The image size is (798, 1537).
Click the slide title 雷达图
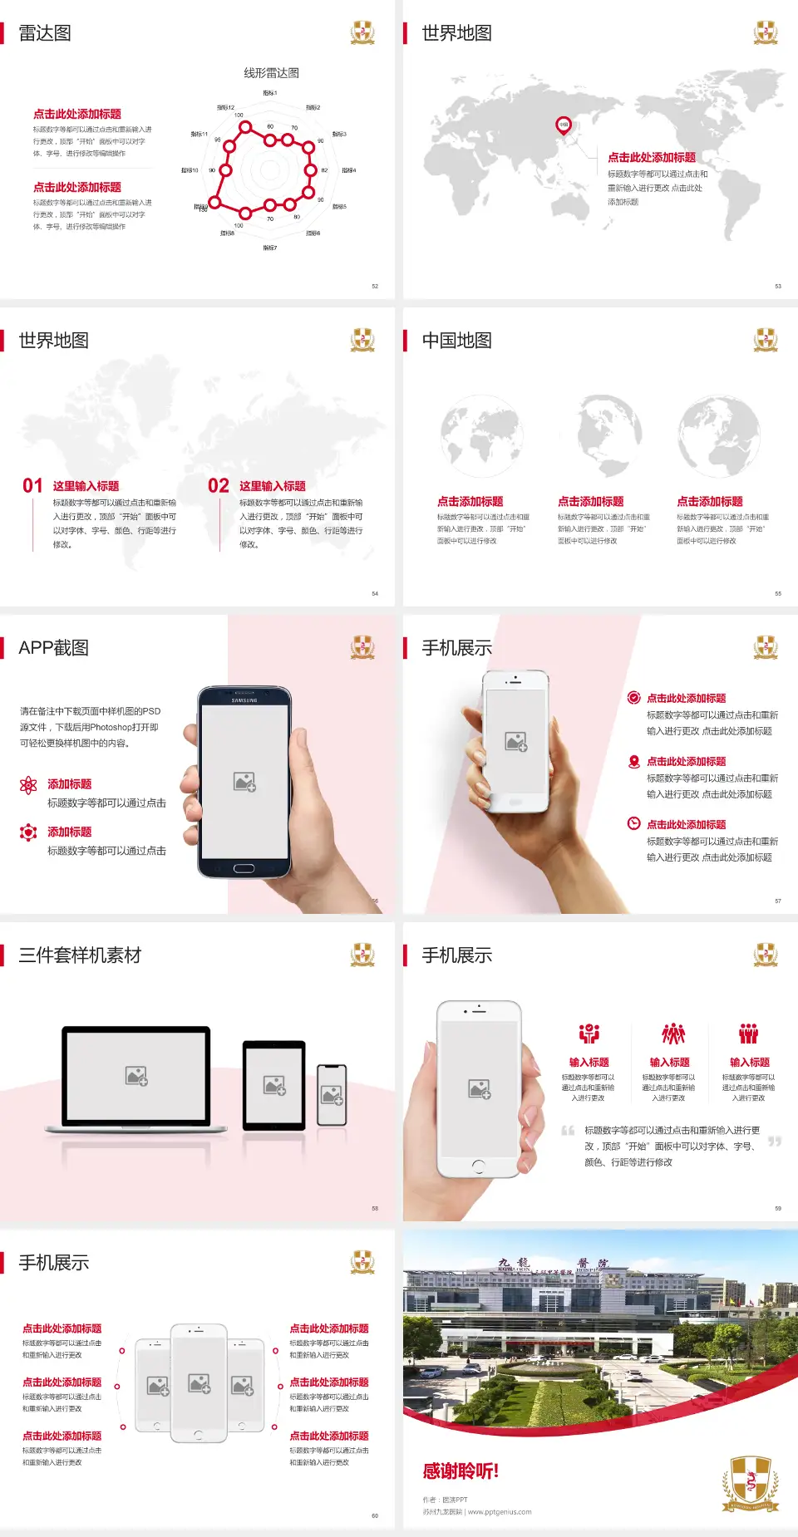45,33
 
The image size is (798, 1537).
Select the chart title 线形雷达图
271,73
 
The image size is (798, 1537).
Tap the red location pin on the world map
564,125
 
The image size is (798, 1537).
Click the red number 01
32,486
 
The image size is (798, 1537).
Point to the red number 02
219,486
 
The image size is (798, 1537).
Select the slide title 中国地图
456,341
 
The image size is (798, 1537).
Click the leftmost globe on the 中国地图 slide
481,435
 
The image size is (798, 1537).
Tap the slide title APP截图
53,648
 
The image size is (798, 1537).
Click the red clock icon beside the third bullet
633,823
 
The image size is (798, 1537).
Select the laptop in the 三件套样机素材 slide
136,1078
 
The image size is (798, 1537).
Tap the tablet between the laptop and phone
274,1085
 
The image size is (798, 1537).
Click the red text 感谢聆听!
461,1471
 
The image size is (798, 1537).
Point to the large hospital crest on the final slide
750,1484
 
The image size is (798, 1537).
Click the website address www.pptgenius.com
500,1512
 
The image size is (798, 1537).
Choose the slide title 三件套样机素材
80,955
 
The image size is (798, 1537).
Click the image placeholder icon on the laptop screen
136,1076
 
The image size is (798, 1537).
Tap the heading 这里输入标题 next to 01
86,486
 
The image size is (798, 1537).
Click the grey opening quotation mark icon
568,1131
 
